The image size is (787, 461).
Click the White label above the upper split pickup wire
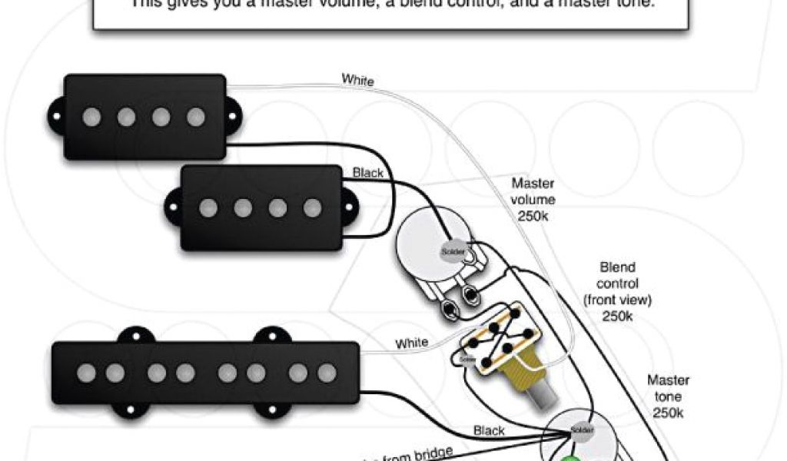tap(357, 79)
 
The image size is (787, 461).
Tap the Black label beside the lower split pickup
tap(367, 173)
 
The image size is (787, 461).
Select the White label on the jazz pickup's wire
tap(411, 343)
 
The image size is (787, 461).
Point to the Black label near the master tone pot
tap(489, 431)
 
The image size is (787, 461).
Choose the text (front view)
tap(617, 300)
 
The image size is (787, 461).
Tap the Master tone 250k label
tap(667, 395)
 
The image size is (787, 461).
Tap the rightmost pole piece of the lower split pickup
tap(311, 207)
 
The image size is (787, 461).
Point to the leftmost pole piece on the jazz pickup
tap(86, 373)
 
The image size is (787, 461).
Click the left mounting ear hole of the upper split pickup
tap(55, 116)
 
